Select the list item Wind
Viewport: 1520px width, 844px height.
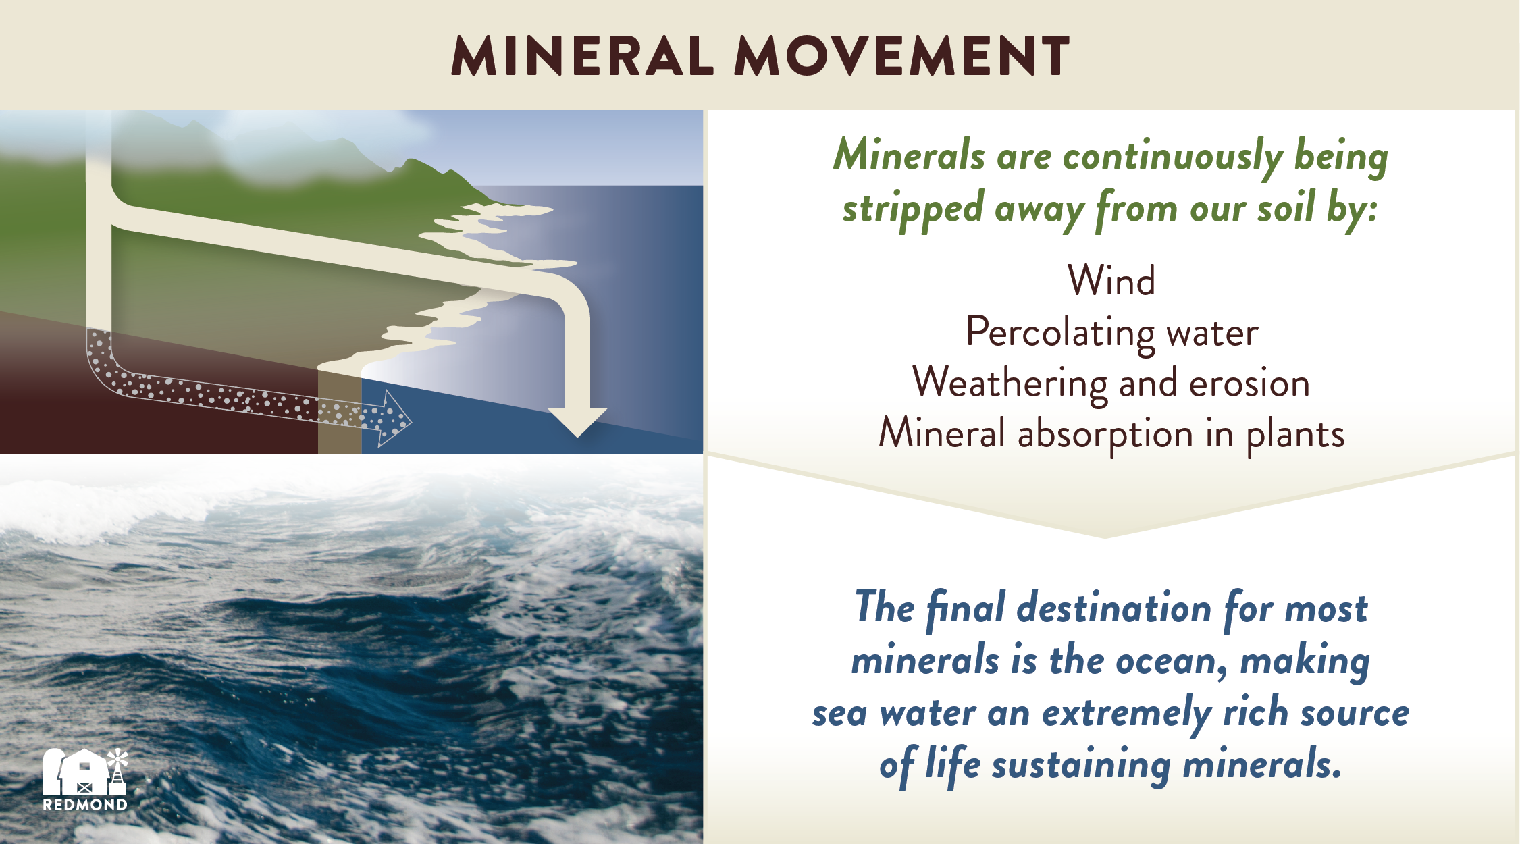(x=1111, y=280)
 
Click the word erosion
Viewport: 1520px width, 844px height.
(x=1249, y=384)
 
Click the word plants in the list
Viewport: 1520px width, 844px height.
(x=1295, y=434)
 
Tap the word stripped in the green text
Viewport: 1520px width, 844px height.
(x=912, y=209)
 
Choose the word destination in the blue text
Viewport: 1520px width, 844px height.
(x=1114, y=608)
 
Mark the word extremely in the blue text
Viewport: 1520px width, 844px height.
(x=1126, y=714)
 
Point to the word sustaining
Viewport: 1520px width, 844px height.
(x=1081, y=766)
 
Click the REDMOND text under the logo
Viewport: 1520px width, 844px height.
(x=85, y=805)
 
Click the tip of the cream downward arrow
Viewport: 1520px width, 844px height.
(x=577, y=437)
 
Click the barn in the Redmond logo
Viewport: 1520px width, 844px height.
(x=76, y=772)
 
